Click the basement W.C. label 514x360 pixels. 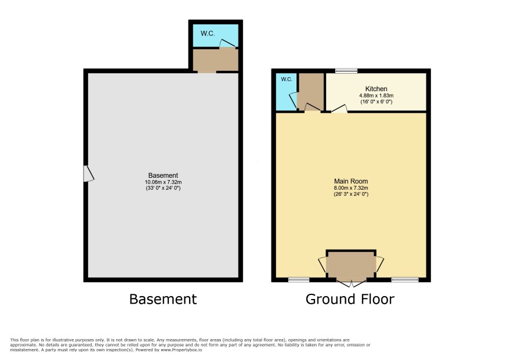click(208, 34)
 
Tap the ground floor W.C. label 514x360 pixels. click(287, 80)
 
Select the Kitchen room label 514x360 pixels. click(377, 89)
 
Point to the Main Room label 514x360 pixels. click(351, 181)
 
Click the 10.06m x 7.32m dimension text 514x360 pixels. click(163, 182)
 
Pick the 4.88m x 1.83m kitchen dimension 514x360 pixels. click(377, 95)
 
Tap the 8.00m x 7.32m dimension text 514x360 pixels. click(351, 188)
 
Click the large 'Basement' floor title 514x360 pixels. click(163, 299)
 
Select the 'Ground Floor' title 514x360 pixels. click(350, 299)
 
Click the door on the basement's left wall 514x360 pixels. click(89, 174)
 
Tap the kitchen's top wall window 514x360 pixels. click(346, 71)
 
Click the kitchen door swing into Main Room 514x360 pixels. click(339, 109)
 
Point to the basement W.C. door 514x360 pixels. click(227, 44)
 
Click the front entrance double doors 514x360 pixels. click(351, 283)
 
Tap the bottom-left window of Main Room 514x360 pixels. click(299, 280)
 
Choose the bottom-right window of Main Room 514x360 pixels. click(405, 280)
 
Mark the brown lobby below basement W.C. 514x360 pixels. click(215, 60)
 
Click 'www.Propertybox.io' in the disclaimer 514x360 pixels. click(181, 350)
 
